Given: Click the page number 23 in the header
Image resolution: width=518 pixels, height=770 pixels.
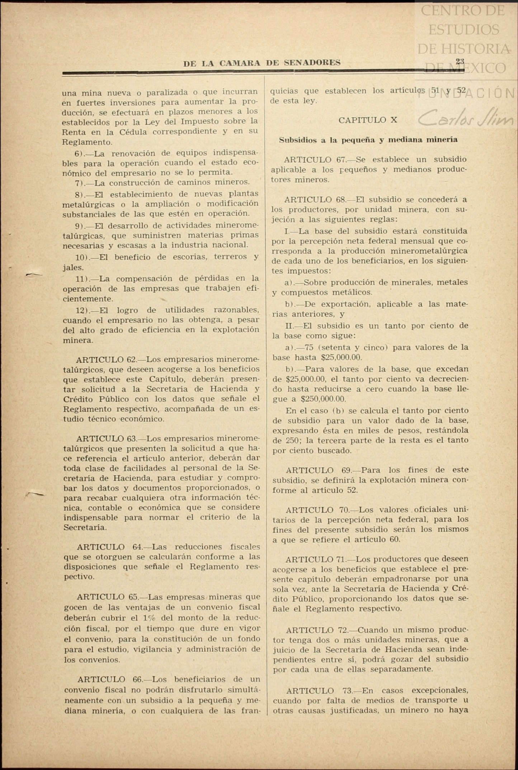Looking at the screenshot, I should (x=460, y=61).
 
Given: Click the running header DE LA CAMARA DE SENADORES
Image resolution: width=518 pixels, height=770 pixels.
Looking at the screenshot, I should (x=262, y=63).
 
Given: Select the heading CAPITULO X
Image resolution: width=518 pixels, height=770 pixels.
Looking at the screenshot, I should (x=368, y=120).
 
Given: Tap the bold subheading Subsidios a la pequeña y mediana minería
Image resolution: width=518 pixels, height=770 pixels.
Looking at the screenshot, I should (x=368, y=140).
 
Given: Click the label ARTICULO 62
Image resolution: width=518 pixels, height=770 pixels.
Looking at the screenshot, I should (x=106, y=359).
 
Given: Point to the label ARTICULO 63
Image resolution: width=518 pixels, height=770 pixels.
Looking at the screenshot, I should (x=106, y=438).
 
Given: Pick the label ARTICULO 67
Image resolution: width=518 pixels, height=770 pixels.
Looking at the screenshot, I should (x=314, y=160).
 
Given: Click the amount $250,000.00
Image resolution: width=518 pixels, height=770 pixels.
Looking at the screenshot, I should (x=323, y=399).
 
